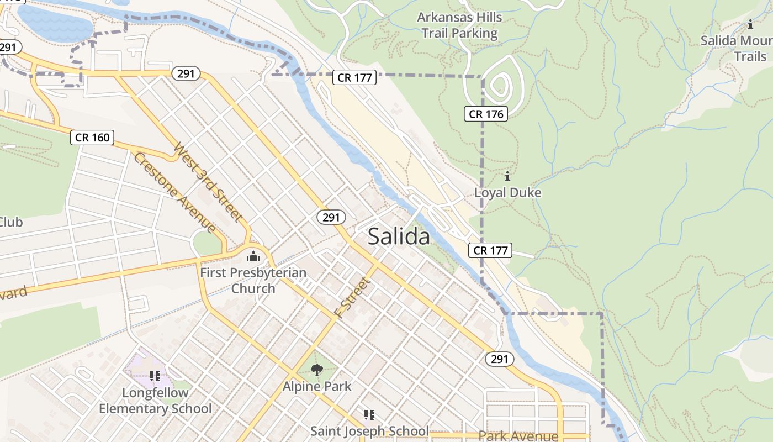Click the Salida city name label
coord(398,236)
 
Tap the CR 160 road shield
coord(92,138)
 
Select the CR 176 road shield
coord(485,114)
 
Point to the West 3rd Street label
coord(208,182)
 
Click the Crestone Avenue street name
coord(174,192)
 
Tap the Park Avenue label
coord(518,435)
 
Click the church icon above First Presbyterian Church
coord(253,256)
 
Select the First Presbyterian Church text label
coord(253,280)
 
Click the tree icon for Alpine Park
coord(316,370)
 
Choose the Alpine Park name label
coord(317,386)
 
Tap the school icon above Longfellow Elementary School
coord(155,376)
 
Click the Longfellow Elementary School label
coord(155,401)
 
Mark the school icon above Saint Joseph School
coord(369,414)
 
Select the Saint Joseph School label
coord(369,431)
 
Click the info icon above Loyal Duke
coord(507,177)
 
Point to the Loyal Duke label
coord(507,193)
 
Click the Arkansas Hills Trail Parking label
coord(459,25)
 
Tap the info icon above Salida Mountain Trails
coord(750,25)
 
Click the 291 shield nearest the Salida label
coord(331,217)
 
